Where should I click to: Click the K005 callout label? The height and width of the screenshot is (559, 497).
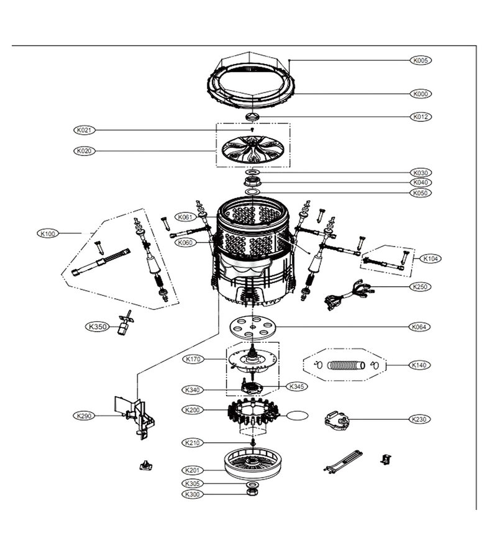pos(421,60)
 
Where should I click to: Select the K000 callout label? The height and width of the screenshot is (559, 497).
pos(421,94)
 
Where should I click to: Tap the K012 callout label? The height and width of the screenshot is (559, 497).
pos(421,117)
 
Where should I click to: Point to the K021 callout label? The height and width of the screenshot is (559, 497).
pos(84,130)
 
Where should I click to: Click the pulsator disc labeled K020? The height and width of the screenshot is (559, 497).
pos(252,150)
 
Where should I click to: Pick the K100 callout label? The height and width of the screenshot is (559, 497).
pos(48,234)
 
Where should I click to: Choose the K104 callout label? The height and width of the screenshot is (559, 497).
pos(431,258)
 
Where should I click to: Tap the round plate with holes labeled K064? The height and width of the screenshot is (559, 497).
pos(252,327)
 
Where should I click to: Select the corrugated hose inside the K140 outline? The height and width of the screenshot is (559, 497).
pos(346,365)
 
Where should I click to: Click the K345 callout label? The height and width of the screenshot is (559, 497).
pos(296,386)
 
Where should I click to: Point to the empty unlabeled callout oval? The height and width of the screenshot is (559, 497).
pos(297,416)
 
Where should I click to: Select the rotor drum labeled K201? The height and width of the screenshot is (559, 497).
pos(253,463)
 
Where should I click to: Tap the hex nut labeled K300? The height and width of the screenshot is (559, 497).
pos(252,493)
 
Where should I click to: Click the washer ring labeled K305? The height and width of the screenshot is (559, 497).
pos(252,484)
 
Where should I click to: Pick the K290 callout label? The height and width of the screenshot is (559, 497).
pos(84,416)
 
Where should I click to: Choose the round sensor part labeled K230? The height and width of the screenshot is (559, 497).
pos(337,419)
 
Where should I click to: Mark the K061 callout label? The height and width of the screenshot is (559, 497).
pos(185,217)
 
